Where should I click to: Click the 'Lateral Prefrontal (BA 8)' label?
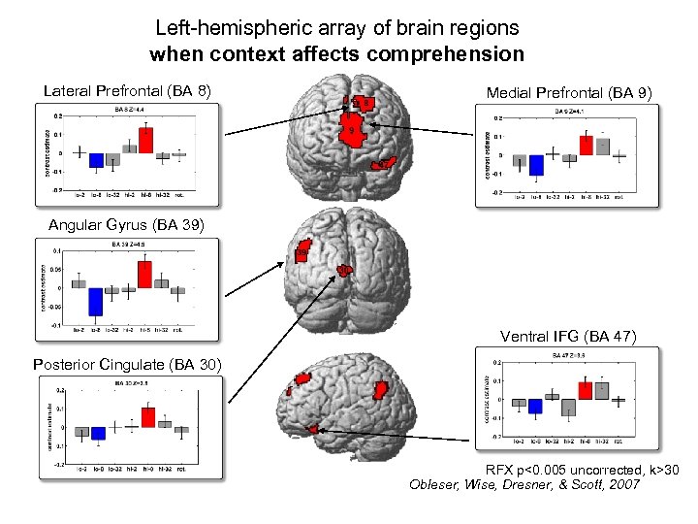point(128,92)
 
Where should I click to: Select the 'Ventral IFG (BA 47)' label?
point(568,337)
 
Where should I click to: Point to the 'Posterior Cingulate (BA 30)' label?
point(128,365)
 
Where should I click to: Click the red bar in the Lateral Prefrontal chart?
point(145,141)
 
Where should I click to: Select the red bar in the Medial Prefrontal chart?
point(587,146)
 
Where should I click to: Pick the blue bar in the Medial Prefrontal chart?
point(536,165)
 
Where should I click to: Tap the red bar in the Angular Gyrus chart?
point(144,275)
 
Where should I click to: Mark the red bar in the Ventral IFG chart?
point(586,390)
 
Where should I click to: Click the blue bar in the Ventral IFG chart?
point(535,407)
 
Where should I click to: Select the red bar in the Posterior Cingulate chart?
point(147,417)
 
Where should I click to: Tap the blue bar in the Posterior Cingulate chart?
point(97,434)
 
